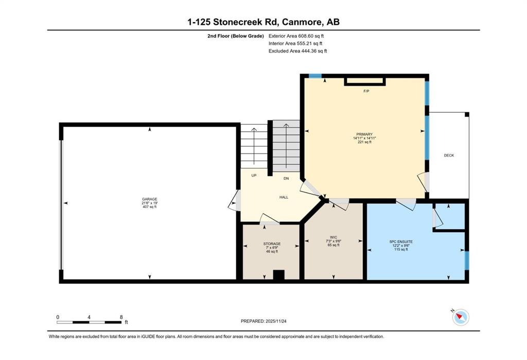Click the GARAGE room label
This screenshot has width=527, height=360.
pos(150,199)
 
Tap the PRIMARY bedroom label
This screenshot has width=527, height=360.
pos(364,134)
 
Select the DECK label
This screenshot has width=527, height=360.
pos(449,156)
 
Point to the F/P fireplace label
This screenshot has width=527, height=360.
pos(366,91)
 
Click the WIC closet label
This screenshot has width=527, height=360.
pos(333,237)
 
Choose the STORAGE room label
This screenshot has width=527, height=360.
pos(272,244)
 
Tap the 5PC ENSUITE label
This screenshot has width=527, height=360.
pos(401,242)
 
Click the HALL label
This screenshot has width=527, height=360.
pos(284,197)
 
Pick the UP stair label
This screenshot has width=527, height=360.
pos(254,175)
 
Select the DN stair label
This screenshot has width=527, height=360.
pos(286,178)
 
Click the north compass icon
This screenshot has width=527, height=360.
pos(460,317)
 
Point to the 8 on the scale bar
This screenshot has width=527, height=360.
pos(121,317)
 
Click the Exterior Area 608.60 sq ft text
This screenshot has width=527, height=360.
pos(296,36)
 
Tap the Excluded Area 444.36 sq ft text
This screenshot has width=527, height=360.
pos(298,51)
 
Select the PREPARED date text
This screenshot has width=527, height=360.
pos(263,321)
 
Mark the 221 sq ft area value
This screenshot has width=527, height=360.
pos(364,142)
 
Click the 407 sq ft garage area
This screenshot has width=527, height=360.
pos(150,207)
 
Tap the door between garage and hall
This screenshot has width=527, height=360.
pos(235,200)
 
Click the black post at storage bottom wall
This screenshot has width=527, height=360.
pos(278,275)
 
